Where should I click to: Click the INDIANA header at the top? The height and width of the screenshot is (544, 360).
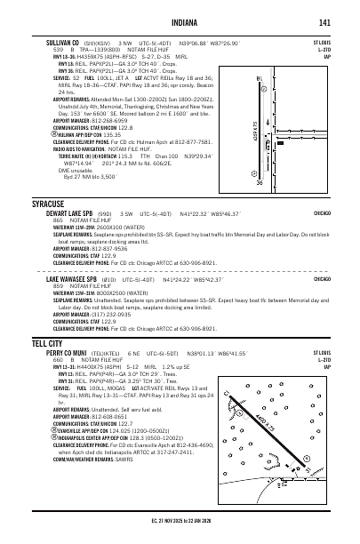coord(180,23)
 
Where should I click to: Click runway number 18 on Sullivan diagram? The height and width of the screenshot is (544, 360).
coord(260,81)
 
